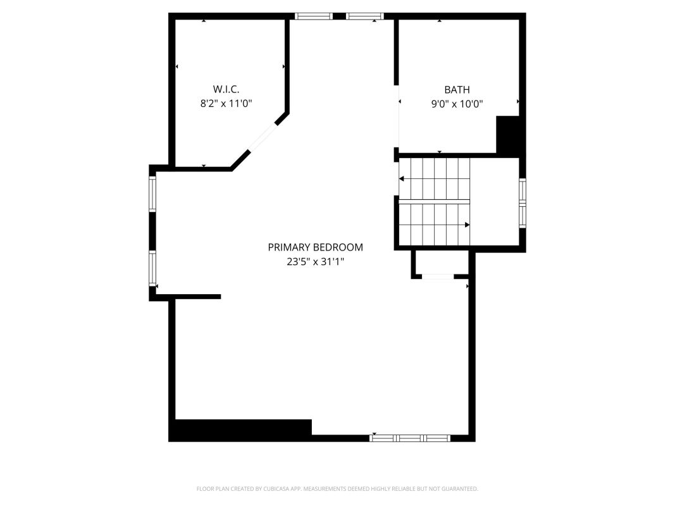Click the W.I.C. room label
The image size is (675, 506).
click(x=226, y=89)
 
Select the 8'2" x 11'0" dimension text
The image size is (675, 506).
click(x=226, y=103)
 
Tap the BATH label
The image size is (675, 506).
click(x=457, y=89)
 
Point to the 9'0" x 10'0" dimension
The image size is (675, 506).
click(x=457, y=104)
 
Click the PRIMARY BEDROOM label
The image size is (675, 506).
click(x=316, y=247)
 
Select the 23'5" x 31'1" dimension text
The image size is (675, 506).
click(x=316, y=261)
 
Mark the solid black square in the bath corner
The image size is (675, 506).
click(x=508, y=134)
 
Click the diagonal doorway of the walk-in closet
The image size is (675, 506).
click(x=263, y=137)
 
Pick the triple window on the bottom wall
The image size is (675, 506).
click(x=410, y=438)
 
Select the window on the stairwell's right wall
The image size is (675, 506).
click(x=523, y=203)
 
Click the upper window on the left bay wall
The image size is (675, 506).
click(x=152, y=194)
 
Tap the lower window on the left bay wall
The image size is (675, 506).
click(x=152, y=268)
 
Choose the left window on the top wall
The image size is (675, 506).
click(x=314, y=16)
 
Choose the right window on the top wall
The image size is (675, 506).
click(x=365, y=16)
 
